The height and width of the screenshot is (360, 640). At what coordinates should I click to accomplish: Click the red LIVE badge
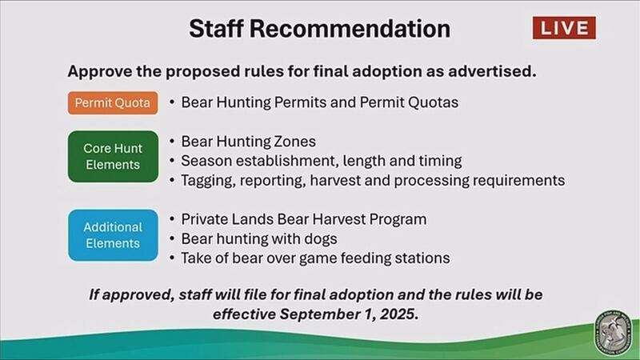pyautogui.click(x=564, y=28)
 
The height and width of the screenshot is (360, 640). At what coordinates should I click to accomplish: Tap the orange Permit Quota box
pyautogui.click(x=113, y=103)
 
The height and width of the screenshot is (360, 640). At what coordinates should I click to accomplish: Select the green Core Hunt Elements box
pyautogui.click(x=113, y=156)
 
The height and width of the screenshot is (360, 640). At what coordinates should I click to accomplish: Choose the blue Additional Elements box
pyautogui.click(x=113, y=235)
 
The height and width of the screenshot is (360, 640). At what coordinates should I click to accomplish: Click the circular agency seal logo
pyautogui.click(x=613, y=333)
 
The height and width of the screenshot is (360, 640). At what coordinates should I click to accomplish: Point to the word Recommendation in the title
pyautogui.click(x=350, y=29)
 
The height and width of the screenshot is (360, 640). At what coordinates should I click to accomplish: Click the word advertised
pyautogui.click(x=492, y=71)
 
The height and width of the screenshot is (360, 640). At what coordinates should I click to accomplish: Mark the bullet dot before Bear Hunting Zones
pyautogui.click(x=172, y=142)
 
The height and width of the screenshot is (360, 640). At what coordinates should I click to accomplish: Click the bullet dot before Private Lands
pyautogui.click(x=172, y=219)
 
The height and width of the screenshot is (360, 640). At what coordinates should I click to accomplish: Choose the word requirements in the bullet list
pyautogui.click(x=518, y=181)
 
